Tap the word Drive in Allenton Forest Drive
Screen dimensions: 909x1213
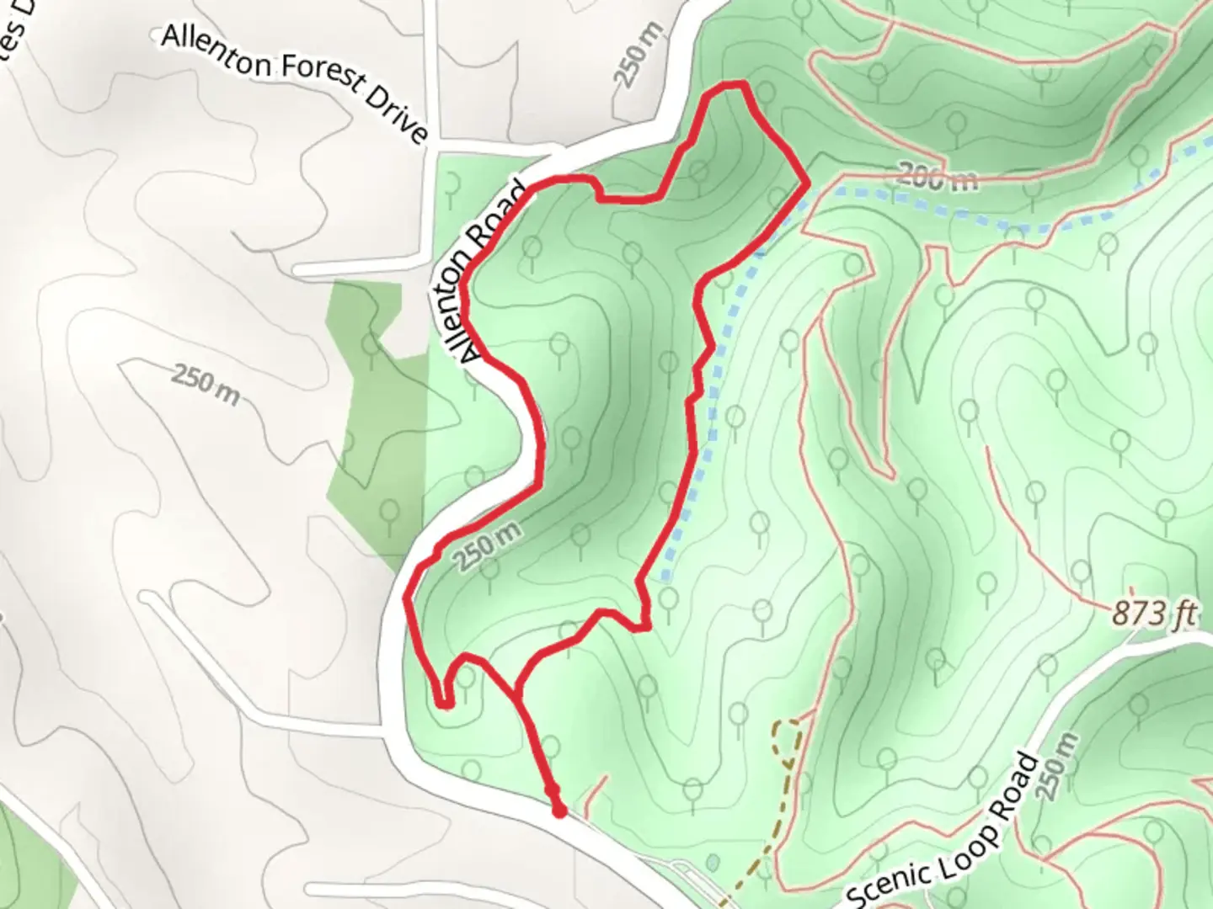[396, 116]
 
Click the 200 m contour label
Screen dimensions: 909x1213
[936, 177]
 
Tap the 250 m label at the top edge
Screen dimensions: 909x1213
[633, 58]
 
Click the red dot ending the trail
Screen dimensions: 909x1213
[558, 811]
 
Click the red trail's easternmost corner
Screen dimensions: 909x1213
[807, 181]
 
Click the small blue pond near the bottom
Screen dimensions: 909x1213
[713, 862]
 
